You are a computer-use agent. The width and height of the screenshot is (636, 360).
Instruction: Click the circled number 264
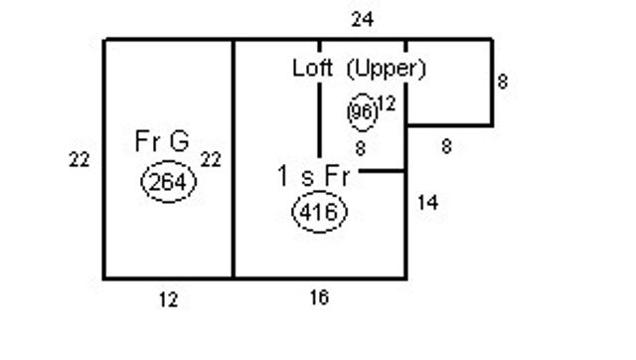[169, 181]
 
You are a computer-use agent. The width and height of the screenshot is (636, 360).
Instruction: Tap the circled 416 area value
[320, 212]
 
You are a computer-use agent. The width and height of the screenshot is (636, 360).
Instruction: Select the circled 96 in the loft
[362, 112]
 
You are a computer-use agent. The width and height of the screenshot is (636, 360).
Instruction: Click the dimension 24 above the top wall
[362, 19]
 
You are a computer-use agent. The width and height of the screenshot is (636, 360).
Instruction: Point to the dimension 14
[428, 202]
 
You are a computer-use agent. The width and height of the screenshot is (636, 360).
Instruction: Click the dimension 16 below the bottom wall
[320, 297]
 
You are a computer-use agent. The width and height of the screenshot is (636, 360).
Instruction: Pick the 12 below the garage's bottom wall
[168, 300]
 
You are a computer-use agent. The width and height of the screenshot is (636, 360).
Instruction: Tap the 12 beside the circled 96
[387, 103]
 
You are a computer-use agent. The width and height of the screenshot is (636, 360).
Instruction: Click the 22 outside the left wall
[79, 159]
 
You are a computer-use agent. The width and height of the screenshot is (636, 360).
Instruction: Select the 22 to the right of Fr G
[211, 159]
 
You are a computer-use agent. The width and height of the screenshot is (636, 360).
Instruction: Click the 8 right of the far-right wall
[503, 82]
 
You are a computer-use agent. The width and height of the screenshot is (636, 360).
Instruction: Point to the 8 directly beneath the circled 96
[361, 148]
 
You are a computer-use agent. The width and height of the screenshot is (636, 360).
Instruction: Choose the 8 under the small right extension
[446, 146]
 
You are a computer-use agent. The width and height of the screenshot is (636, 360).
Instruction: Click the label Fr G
[162, 141]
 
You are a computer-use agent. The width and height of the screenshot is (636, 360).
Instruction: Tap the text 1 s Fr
[313, 176]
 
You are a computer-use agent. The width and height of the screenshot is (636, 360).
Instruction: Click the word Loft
[312, 68]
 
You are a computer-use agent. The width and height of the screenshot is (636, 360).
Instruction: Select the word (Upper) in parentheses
[387, 69]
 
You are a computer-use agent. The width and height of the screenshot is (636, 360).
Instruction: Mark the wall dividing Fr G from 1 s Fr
[234, 159]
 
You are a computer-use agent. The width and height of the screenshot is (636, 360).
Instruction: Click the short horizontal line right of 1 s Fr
[382, 171]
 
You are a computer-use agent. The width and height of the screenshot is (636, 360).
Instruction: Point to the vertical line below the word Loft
[319, 119]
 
